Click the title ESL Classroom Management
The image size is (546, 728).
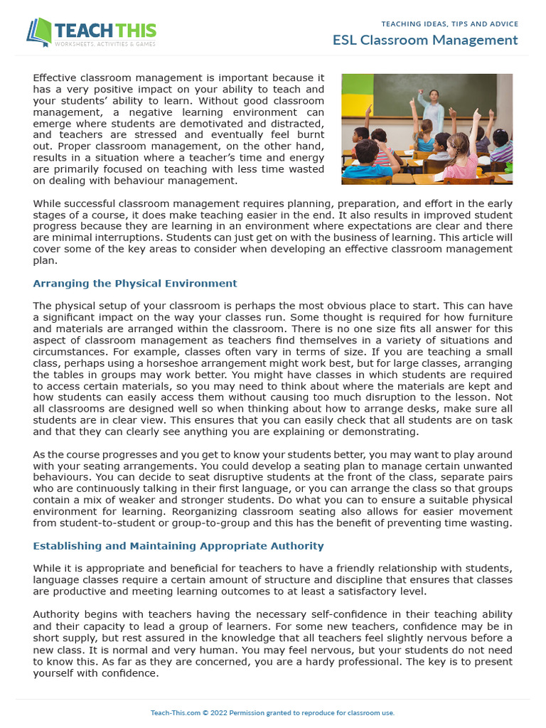(425, 40)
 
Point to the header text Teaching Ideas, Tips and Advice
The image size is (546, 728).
(449, 23)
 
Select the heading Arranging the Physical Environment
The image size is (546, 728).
(135, 283)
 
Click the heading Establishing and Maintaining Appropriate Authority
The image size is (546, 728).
(178, 546)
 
